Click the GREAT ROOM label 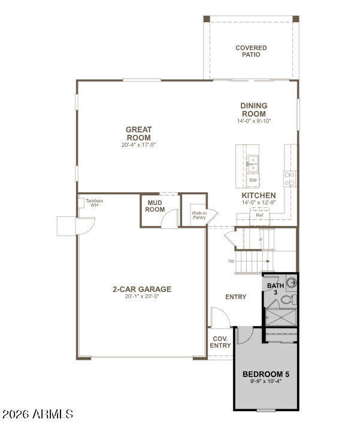[x=138, y=133]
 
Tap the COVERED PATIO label [x=251, y=51]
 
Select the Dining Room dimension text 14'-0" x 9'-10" [x=254, y=121]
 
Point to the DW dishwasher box [x=253, y=180]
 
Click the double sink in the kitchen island [x=253, y=164]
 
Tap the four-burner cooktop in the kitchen [x=289, y=177]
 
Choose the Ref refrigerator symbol [x=259, y=215]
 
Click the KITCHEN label [x=258, y=195]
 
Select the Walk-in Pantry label [x=199, y=215]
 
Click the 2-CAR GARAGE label [x=142, y=289]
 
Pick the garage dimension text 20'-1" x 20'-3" [x=142, y=296]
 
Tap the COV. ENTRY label [x=220, y=342]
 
